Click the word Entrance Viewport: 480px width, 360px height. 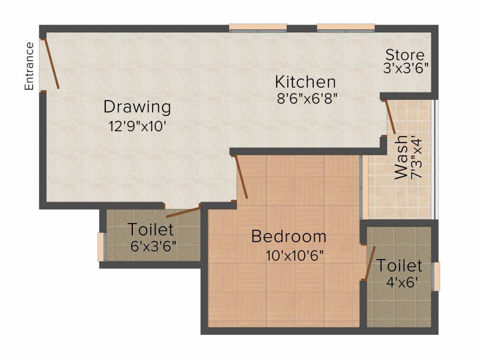coord(29,66)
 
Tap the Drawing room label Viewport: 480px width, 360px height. coord(137,107)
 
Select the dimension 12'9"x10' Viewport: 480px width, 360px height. coord(137,126)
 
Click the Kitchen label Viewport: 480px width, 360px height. coord(305,82)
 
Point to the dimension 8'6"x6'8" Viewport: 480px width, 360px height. coord(307,98)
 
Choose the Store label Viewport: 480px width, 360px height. coord(405,55)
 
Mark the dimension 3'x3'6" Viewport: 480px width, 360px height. coord(405,67)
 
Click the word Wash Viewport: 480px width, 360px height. coord(401,157)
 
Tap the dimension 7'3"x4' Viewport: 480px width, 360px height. coord(417,157)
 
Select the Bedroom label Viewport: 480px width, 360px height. coord(289,237)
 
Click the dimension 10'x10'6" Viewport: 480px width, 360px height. coord(294,255)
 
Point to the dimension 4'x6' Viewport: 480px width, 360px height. coord(402,282)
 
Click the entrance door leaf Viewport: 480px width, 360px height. coord(52,64)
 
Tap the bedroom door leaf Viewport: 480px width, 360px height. coord(241,177)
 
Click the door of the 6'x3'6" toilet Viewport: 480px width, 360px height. coord(183,212)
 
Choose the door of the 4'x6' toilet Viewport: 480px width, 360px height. coord(370,263)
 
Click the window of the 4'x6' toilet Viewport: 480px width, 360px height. coord(436,277)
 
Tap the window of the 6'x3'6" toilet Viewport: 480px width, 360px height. coord(102,247)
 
